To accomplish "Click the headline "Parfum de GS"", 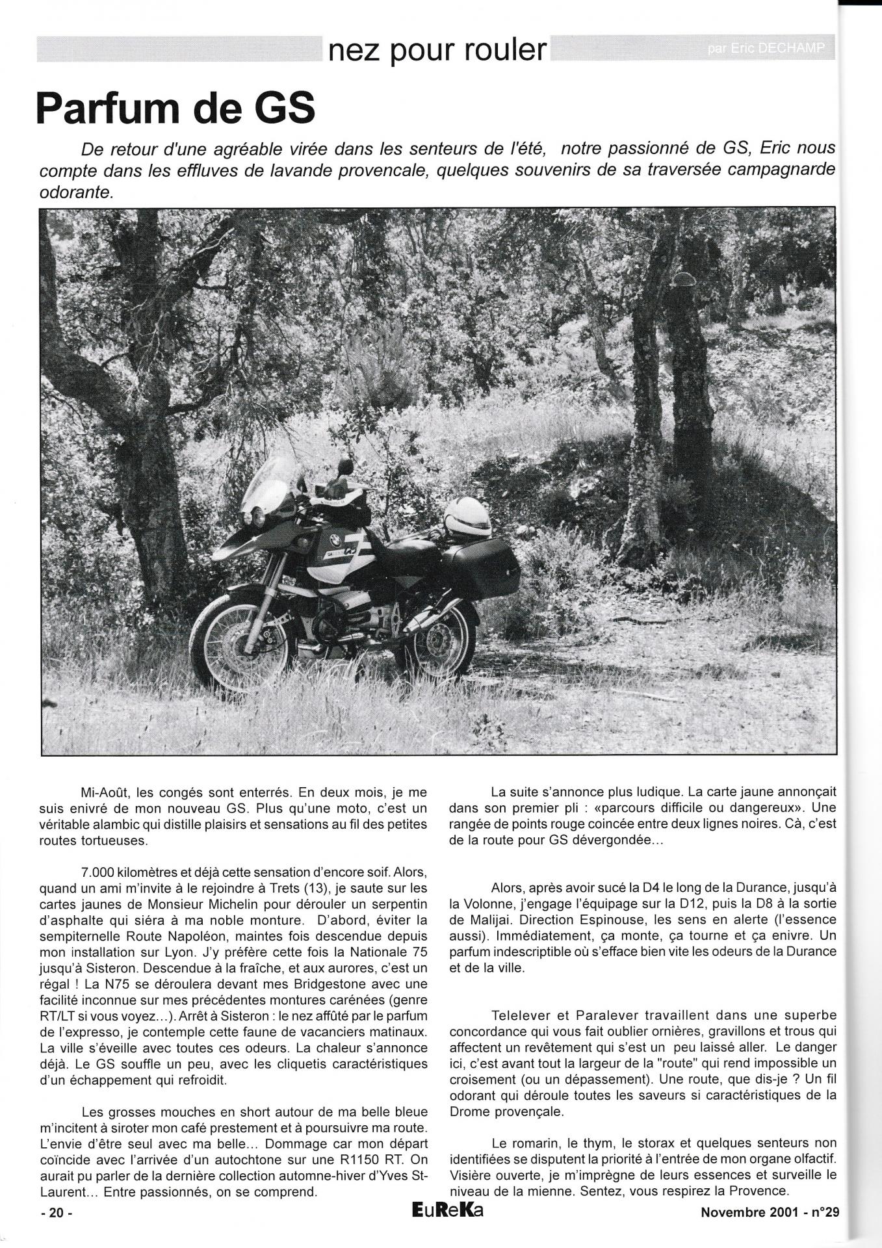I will [175, 109].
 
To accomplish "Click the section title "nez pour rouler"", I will [437, 49].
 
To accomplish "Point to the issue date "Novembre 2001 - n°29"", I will [770, 1212].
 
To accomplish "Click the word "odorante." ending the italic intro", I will [76, 193].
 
